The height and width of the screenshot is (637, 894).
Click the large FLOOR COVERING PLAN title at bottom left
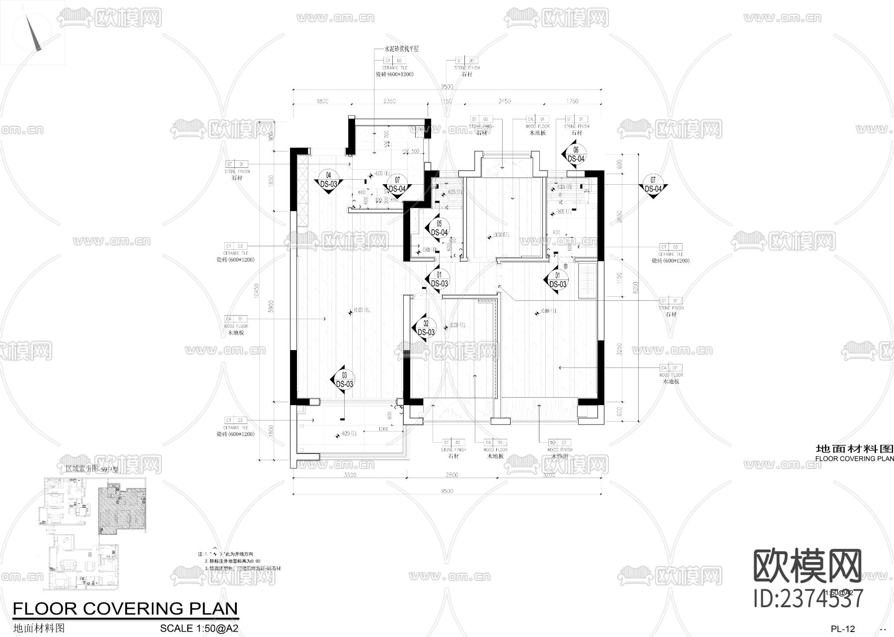click(x=125, y=608)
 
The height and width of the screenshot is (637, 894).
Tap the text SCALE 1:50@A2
click(x=199, y=628)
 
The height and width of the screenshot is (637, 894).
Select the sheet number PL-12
click(x=843, y=629)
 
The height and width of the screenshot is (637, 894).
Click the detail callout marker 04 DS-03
click(x=328, y=180)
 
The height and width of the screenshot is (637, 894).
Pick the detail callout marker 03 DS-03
click(x=344, y=380)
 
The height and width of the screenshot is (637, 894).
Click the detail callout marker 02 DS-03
click(x=426, y=328)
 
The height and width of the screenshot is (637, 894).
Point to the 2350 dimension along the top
click(x=389, y=101)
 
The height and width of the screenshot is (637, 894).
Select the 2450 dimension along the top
click(x=504, y=101)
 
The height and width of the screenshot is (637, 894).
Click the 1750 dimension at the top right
click(x=572, y=101)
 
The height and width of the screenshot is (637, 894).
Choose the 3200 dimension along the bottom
click(x=549, y=475)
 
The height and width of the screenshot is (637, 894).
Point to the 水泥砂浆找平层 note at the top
click(x=401, y=49)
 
